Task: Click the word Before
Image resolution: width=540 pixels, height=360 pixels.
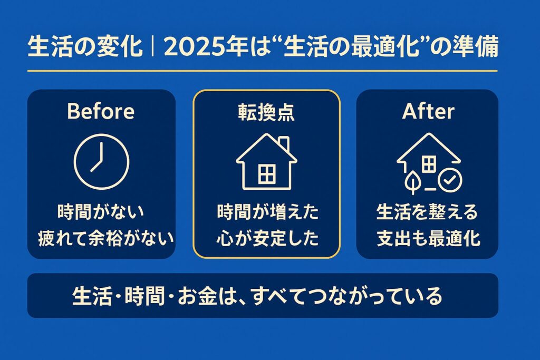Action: [x=101, y=111]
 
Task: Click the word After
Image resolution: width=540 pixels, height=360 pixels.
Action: [x=428, y=111]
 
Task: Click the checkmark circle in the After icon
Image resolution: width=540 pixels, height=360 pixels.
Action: [x=450, y=181]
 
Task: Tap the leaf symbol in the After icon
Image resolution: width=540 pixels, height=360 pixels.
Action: [x=411, y=182]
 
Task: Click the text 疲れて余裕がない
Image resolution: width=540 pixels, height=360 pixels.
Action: [x=106, y=239]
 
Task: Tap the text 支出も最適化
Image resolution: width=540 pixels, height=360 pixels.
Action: [x=428, y=239]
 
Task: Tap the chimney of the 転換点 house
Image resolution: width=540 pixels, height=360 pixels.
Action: [x=284, y=142]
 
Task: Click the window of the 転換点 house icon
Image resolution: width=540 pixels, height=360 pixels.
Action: [x=266, y=174]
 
